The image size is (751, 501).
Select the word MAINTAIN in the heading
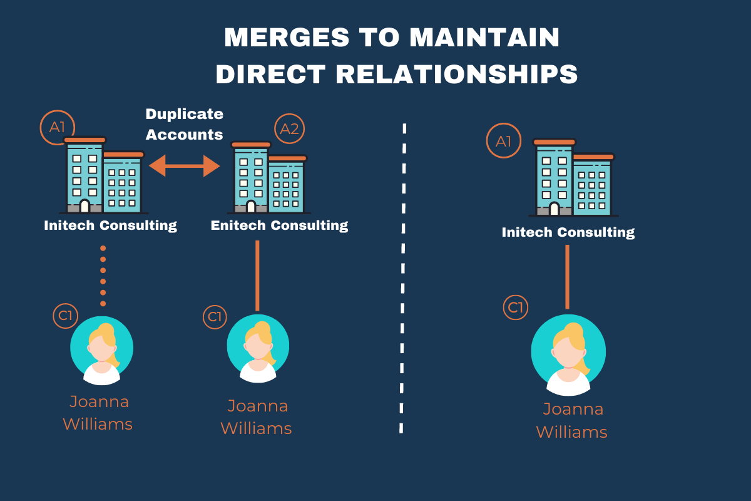(484, 38)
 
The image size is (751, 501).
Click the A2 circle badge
(289, 128)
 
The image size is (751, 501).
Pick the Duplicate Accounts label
(184, 124)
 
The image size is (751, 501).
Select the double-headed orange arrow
(185, 166)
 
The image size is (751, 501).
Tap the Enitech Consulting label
(279, 225)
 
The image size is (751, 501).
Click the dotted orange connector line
(103, 276)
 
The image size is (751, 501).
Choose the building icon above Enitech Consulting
(269, 178)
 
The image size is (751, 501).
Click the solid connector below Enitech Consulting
(257, 276)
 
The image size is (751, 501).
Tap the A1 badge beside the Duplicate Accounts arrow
(57, 127)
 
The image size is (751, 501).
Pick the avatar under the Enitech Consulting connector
(258, 349)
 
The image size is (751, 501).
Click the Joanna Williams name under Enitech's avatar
(257, 417)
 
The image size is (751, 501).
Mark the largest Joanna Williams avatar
(568, 354)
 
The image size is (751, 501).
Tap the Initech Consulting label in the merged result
(568, 232)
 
